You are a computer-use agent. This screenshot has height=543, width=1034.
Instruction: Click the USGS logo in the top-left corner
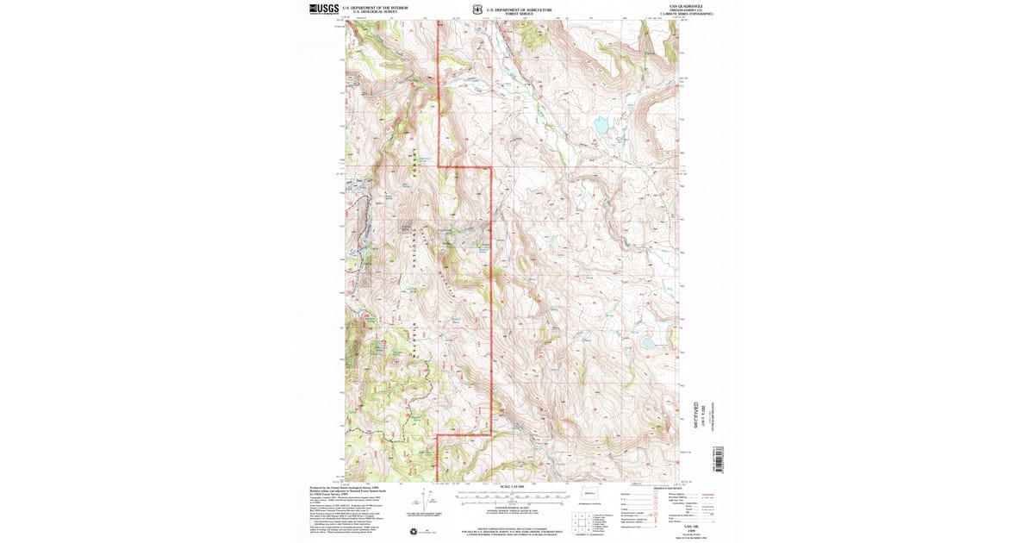pos(324,9)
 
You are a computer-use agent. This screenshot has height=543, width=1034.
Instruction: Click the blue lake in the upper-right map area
pos(600,126)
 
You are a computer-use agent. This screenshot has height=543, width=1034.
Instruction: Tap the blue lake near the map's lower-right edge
pos(645,342)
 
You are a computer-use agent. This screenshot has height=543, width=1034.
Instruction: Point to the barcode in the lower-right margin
pos(719,459)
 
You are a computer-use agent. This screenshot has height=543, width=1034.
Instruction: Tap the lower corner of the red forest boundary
pos(491,435)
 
